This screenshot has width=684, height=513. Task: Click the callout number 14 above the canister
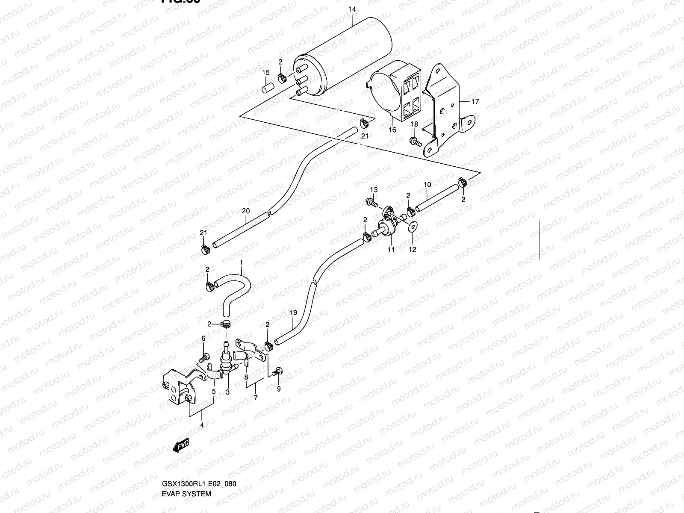point(351,9)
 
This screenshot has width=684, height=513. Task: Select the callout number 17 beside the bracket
point(475,101)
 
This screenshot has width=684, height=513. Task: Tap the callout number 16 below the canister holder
point(392,130)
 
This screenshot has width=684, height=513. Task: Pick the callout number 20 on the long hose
point(245,211)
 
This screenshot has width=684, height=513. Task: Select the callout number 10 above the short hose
point(427,185)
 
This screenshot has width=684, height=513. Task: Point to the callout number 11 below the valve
point(391,250)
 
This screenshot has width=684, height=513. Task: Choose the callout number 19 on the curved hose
point(293,313)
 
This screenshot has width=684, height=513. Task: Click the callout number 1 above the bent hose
point(241,262)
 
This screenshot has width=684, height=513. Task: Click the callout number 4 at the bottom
point(202,425)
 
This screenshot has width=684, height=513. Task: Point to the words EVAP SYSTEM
point(186,494)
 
